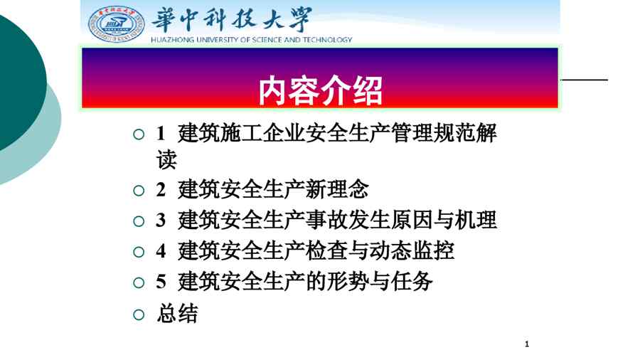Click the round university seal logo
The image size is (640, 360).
pyautogui.click(x=117, y=24)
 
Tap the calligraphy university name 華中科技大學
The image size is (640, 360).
pyautogui.click(x=232, y=19)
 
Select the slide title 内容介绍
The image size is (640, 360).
pyautogui.click(x=321, y=91)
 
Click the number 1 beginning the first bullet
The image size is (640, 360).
pyautogui.click(x=161, y=134)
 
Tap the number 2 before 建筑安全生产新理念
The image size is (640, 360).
pyautogui.click(x=161, y=190)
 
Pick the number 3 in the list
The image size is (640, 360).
pyautogui.click(x=161, y=221)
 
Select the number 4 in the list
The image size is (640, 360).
pyautogui.click(x=161, y=251)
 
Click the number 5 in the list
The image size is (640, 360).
pyautogui.click(x=161, y=282)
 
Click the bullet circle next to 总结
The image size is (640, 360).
pyautogui.click(x=139, y=314)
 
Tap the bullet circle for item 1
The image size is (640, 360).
pyautogui.click(x=139, y=134)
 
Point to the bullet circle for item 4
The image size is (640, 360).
pyautogui.click(x=139, y=252)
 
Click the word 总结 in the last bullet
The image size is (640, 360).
pyautogui.click(x=178, y=314)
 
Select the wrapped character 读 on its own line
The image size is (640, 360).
pyautogui.click(x=166, y=159)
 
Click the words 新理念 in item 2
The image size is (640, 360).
pyautogui.click(x=337, y=189)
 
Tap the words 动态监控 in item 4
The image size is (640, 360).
pyautogui.click(x=412, y=250)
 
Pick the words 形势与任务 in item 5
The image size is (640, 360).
pyautogui.click(x=380, y=282)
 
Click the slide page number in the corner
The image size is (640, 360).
pyautogui.click(x=527, y=344)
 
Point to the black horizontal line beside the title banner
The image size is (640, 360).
pyautogui.click(x=584, y=80)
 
